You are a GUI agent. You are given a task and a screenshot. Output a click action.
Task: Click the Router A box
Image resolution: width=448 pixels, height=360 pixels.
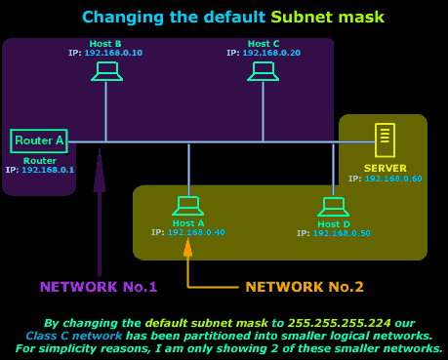39,140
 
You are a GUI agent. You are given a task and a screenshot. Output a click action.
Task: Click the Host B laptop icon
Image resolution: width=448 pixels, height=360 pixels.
106,71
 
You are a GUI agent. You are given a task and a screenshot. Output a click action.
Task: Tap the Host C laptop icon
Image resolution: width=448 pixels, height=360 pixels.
263,71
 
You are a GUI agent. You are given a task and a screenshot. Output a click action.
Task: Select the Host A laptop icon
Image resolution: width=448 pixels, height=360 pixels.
187,206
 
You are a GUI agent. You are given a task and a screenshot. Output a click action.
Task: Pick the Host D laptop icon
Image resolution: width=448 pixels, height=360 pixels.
334,207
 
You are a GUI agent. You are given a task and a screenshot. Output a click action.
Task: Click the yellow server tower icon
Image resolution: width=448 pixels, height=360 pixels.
386,140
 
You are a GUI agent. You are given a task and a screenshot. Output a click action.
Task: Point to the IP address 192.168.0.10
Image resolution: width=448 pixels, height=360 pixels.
112,52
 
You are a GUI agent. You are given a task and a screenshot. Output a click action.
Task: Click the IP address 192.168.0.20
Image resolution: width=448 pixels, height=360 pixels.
270,52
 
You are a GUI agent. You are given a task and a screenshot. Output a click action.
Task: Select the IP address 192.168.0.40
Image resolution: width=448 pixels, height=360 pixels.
195,232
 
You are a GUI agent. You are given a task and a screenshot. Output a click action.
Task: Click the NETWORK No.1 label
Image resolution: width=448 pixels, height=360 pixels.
99,287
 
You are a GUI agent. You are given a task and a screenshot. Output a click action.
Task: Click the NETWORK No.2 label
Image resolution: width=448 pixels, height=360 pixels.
305,287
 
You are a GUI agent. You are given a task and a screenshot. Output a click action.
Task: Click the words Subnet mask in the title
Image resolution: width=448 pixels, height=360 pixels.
327,17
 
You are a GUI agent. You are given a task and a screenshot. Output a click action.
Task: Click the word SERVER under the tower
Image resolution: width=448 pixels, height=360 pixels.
386,168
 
